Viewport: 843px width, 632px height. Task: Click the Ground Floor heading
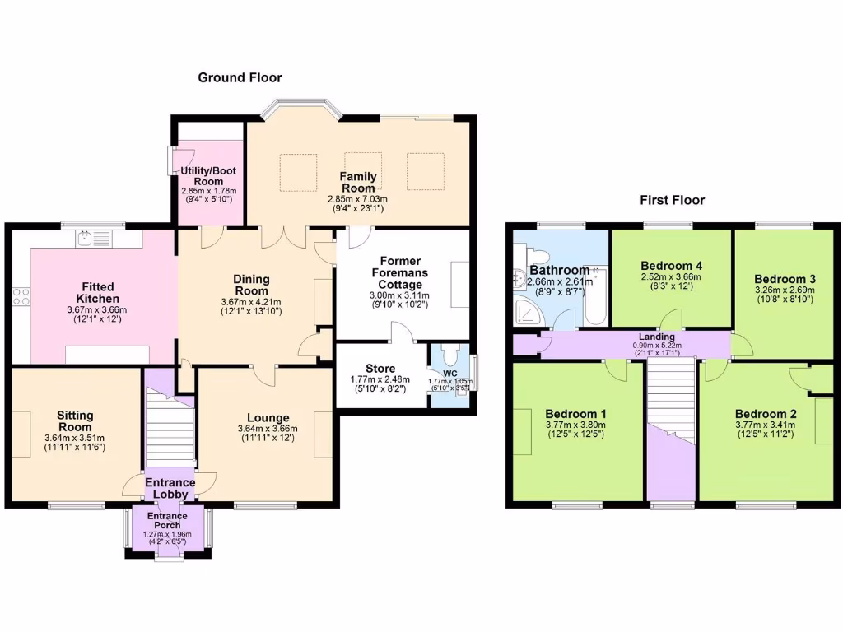[x=240, y=77]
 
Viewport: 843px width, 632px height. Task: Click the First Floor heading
[x=673, y=200]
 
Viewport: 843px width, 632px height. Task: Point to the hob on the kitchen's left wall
[x=21, y=295]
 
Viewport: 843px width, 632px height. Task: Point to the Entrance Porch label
[x=167, y=521]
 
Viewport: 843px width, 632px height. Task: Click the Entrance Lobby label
[x=170, y=488]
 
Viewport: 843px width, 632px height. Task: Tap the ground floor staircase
[x=170, y=428]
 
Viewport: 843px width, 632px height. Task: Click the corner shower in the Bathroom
[x=523, y=309]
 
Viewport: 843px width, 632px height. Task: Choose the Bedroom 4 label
[x=671, y=265]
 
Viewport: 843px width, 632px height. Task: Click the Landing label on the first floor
[x=656, y=337]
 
